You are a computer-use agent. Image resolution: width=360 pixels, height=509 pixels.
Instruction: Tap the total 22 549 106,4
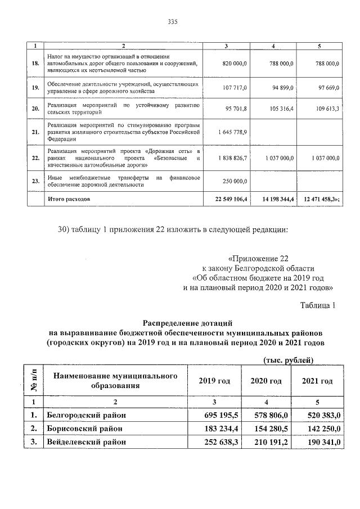tap(227, 199)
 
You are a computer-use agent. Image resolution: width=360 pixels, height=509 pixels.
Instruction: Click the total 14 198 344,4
tap(276, 199)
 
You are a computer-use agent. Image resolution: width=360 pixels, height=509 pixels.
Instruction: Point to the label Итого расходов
tap(69, 199)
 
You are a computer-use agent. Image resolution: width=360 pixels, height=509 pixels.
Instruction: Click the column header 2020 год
tap(266, 381)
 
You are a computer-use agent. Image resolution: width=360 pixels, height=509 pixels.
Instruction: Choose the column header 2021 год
tap(317, 381)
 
